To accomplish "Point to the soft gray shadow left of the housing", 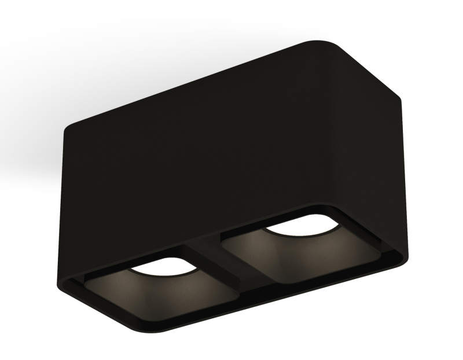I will (35, 145).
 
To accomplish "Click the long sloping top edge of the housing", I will (191, 81).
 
